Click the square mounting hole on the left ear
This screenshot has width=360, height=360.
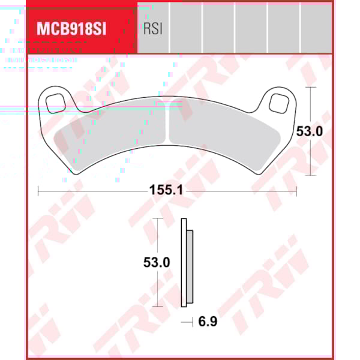coord(56,101)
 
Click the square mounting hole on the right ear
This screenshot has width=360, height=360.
coord(278,103)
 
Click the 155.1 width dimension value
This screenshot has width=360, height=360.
coord(166,191)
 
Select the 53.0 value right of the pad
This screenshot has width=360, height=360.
coord(310,131)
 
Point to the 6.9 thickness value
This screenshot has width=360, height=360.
coord(208,321)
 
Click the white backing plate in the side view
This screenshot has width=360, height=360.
coord(184,262)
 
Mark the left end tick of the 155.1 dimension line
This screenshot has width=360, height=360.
coord(38,191)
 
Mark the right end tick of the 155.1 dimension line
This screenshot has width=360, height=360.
coord(296,191)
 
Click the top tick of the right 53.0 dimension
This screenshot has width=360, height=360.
coord(310,87)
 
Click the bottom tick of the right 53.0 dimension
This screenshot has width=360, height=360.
coord(310,175)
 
